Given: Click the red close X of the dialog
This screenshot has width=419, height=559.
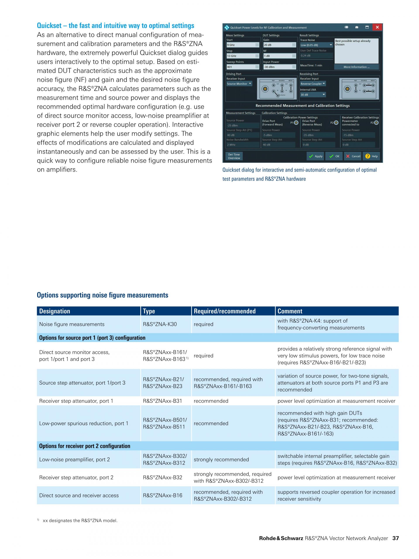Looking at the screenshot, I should pos(377,27).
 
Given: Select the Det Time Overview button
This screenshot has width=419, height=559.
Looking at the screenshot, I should pos(234,156).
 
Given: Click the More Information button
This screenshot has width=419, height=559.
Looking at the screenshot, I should pos(356,67).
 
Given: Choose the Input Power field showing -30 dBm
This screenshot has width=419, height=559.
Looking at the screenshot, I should pos(279,67).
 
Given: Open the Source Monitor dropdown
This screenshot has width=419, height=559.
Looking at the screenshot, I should pos(239,84).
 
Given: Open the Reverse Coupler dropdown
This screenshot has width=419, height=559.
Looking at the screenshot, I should pos(313,84).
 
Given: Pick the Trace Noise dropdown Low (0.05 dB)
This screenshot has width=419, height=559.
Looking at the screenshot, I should pos(316,45).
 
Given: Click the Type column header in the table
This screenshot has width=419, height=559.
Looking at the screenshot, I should pos(149,311).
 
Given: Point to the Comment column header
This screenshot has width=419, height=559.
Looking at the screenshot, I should pos(290,311).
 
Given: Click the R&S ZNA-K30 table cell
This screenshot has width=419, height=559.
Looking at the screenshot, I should pos(160,324).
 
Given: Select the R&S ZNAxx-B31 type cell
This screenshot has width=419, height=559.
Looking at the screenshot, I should pos(162,401).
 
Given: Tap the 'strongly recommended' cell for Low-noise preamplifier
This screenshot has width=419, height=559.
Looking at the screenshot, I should pos(221,459).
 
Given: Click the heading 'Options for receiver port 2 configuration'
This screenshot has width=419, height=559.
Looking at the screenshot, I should pos(85,446).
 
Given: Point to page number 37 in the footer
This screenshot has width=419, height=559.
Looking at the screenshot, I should pos(395,538).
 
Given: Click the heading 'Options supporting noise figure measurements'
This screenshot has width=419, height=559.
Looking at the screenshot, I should pos(103,295).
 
